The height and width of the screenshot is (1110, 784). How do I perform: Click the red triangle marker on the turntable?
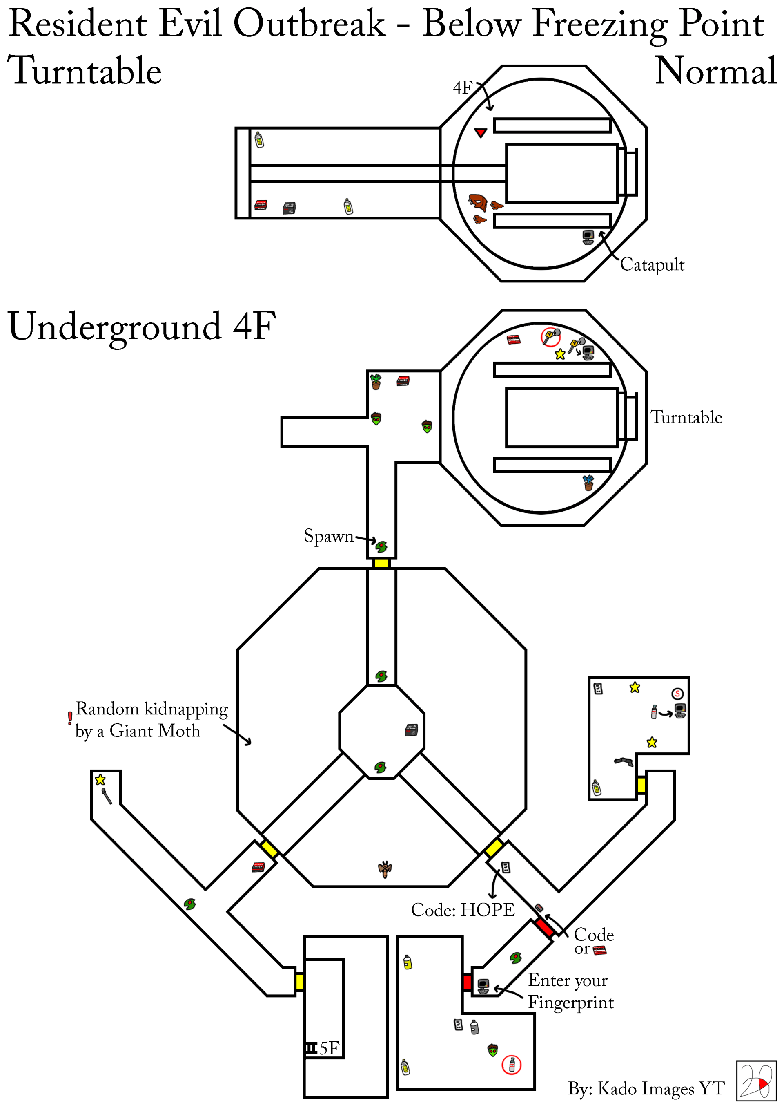(480, 132)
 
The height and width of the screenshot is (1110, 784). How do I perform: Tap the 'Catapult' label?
(652, 264)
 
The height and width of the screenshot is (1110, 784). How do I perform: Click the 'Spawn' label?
(328, 536)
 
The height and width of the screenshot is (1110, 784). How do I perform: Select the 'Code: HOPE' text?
(463, 909)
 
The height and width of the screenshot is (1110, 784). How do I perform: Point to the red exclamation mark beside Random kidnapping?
(70, 718)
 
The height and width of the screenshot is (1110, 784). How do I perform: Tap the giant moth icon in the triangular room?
(385, 869)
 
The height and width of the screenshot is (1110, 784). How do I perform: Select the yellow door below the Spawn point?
(381, 563)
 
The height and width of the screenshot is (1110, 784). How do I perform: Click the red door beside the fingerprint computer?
(467, 982)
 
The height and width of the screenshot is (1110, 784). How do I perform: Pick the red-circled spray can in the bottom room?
(511, 1065)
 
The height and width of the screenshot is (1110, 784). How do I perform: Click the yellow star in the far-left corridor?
(100, 779)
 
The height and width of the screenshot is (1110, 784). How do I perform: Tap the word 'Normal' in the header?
(715, 71)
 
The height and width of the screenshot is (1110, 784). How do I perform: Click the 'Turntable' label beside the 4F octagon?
(686, 417)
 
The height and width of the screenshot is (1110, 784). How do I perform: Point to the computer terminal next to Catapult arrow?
(588, 237)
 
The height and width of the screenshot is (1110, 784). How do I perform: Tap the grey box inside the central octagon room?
(411, 730)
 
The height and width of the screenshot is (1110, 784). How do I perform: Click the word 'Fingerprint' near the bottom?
(570, 1002)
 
